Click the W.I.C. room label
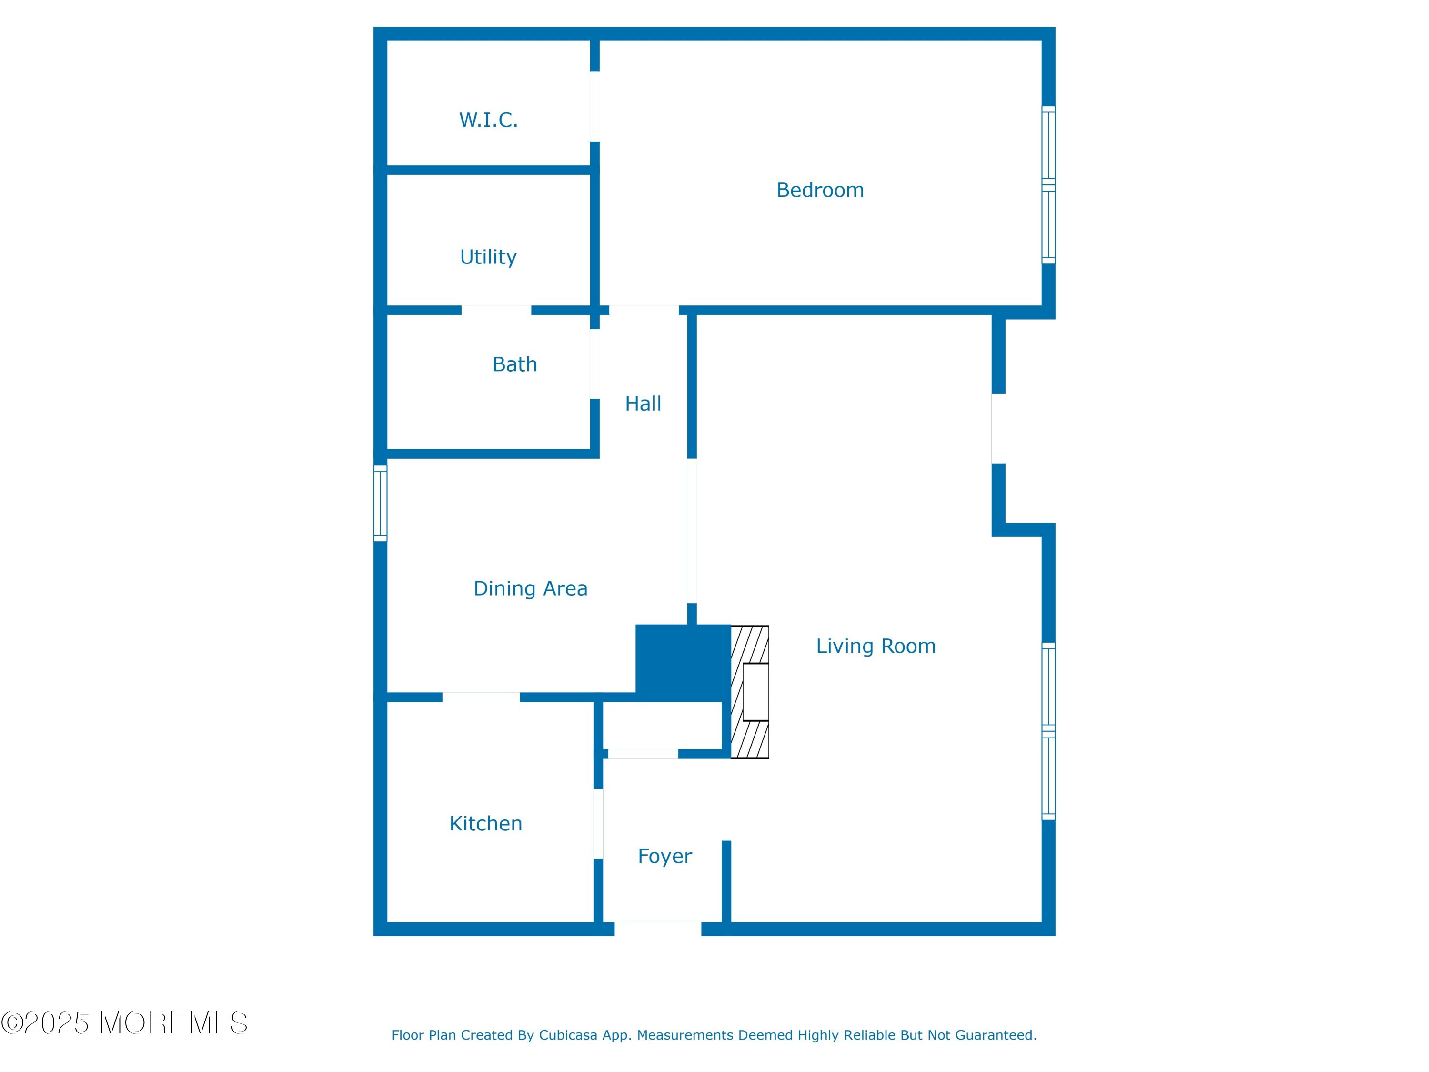(488, 120)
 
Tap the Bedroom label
(820, 190)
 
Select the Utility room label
(488, 257)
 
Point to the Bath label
(515, 364)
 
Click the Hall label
(643, 404)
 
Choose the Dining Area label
(530, 589)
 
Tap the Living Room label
(876, 646)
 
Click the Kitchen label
(486, 824)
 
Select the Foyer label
(665, 856)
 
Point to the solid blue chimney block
(683, 663)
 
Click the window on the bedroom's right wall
(1048, 185)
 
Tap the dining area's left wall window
(381, 504)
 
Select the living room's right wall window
(1048, 731)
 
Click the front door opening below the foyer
(658, 929)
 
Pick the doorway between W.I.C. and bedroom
(595, 107)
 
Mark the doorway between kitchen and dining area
(481, 697)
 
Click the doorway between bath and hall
(595, 364)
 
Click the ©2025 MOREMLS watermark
(124, 1023)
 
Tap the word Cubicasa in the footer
(568, 1035)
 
